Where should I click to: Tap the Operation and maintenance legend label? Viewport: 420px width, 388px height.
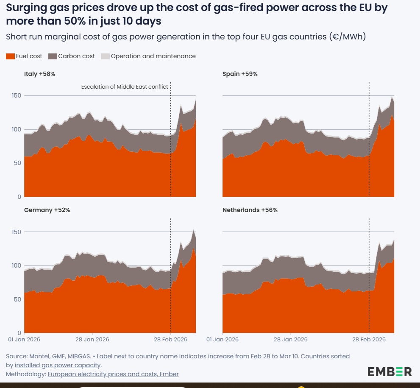click(x=153, y=56)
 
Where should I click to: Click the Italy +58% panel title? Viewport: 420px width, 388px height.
click(x=40, y=74)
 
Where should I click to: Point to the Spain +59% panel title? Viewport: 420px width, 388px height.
click(x=240, y=74)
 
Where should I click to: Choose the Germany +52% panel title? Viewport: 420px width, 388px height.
click(x=47, y=210)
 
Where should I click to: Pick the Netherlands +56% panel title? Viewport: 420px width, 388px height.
click(x=250, y=210)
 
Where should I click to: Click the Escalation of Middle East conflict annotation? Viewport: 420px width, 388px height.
click(x=125, y=87)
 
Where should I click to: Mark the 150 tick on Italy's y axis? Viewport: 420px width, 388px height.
click(x=16, y=96)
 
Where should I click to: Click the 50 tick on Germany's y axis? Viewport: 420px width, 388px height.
click(x=17, y=299)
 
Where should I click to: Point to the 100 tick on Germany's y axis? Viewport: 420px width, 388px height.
click(x=16, y=265)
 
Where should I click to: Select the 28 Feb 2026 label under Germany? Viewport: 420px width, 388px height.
click(x=170, y=340)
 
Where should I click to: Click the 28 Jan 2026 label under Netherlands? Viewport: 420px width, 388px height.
click(x=291, y=340)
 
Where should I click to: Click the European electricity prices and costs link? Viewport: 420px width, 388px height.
click(x=113, y=374)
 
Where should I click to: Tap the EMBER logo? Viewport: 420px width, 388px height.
click(x=389, y=372)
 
